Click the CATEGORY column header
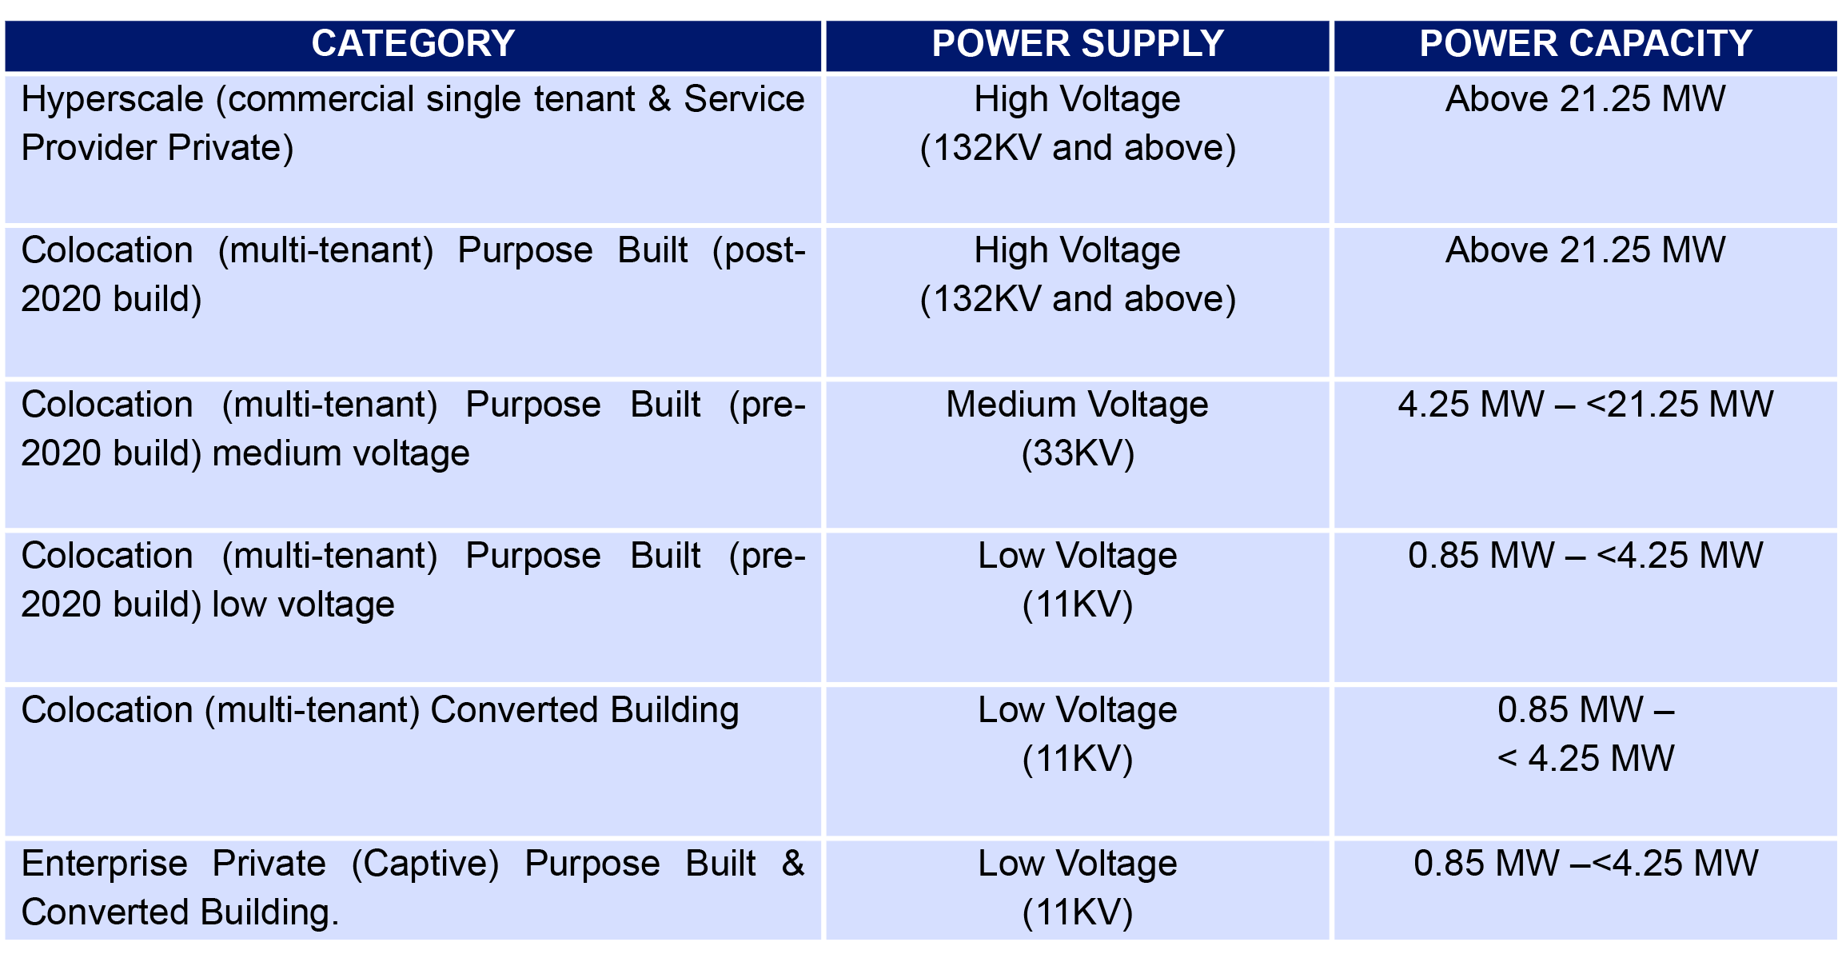(413, 44)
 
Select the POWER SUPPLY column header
(1078, 44)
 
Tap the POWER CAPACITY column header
(1585, 44)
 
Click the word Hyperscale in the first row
(113, 100)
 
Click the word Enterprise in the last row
(105, 864)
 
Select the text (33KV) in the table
(1078, 453)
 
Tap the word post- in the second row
(759, 251)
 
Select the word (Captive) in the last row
(425, 864)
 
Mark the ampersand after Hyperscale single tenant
(660, 100)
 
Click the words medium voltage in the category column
(341, 453)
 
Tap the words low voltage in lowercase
(303, 605)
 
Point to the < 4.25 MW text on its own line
(1585, 759)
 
